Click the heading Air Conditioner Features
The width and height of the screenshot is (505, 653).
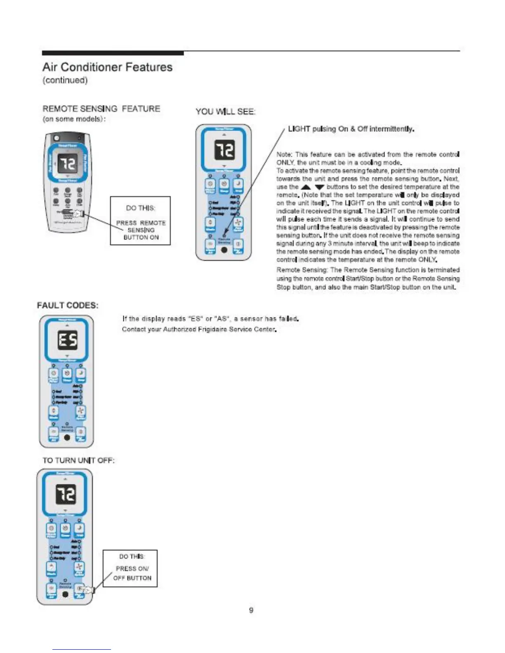point(107,67)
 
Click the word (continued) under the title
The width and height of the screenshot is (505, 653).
point(65,80)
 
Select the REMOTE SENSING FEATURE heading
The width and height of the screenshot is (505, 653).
point(101,109)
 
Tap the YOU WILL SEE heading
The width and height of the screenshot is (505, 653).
point(225,112)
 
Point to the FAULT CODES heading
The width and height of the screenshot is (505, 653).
point(68,305)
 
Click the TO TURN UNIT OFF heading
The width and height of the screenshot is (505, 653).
point(78,460)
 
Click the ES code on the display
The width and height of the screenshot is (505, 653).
point(67,341)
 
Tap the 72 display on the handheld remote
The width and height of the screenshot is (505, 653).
point(67,164)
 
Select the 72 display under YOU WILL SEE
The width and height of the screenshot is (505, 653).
point(224,150)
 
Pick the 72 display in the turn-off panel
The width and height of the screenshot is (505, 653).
point(65,494)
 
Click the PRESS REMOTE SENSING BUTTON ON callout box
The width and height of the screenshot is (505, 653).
point(140,221)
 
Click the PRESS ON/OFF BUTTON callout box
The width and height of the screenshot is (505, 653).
point(130,568)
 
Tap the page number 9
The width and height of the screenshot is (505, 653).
point(251,610)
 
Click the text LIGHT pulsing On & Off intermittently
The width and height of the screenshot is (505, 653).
point(351,129)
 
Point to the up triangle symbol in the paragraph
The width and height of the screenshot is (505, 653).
point(306,187)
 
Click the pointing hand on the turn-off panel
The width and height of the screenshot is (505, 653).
point(87,590)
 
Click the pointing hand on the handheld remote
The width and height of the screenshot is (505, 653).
point(78,214)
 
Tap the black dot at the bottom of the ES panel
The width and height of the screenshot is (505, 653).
point(67,437)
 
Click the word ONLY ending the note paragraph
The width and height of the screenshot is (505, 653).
point(427,260)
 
